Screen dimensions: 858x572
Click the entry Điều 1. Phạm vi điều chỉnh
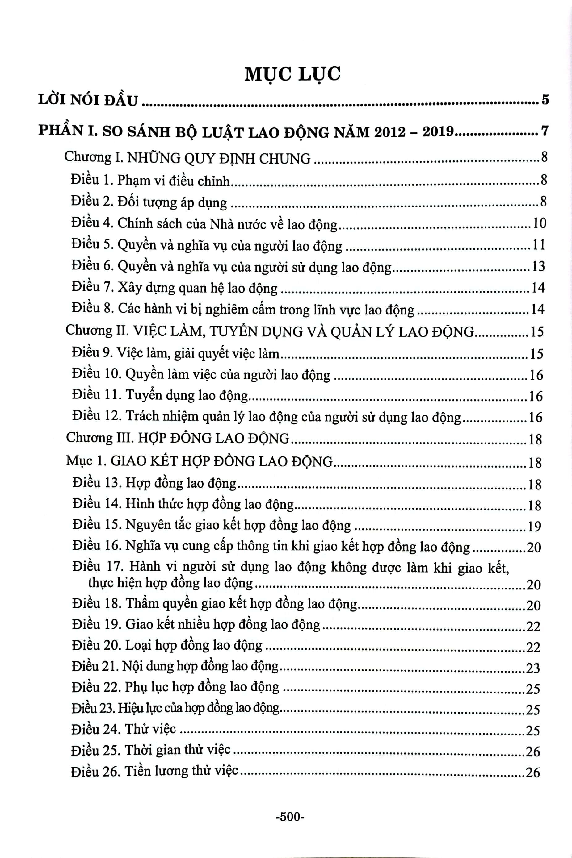151,181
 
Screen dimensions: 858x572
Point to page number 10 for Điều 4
540,223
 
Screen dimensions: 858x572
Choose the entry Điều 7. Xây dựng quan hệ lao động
175,288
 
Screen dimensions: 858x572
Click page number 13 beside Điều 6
538,266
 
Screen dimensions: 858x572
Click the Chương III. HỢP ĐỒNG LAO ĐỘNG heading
178,438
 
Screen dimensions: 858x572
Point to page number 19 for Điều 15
534,526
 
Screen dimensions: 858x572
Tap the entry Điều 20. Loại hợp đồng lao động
167,645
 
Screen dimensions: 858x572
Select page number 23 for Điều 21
533,668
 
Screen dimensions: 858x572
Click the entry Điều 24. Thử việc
124,729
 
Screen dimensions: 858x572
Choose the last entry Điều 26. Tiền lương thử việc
155,771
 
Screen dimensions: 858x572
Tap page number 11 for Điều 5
538,245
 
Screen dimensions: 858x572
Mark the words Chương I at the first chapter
87,157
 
